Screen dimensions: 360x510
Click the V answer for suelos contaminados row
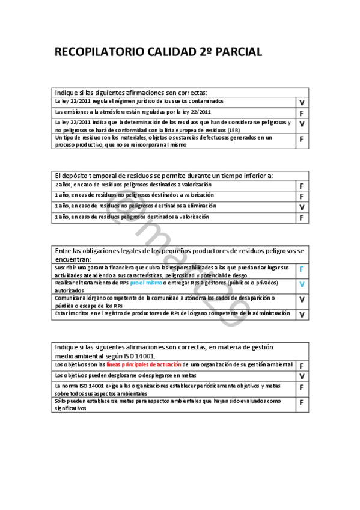(302, 103)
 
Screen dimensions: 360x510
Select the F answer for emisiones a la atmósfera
(302, 113)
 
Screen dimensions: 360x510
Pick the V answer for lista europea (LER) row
(302, 124)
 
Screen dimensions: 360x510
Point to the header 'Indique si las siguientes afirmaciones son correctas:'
(131, 93)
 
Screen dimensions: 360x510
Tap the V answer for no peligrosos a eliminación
(302, 207)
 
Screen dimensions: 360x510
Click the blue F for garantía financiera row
(302, 269)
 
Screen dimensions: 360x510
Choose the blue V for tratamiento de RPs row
(302, 284)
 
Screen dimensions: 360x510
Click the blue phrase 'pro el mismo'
(146, 282)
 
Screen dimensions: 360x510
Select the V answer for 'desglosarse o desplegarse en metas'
(302, 376)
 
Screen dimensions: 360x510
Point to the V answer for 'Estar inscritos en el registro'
(302, 314)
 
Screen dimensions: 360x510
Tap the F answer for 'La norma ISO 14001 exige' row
(302, 388)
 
